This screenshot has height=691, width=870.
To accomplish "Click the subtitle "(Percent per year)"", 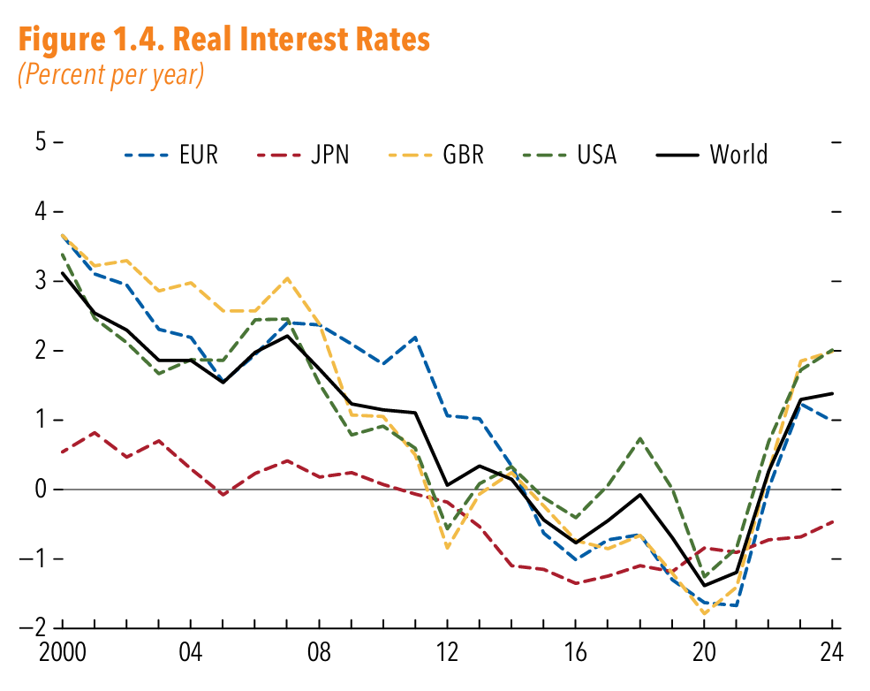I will (x=110, y=74).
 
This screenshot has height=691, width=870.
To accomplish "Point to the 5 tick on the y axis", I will (x=42, y=142).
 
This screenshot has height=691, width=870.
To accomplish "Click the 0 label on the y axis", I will (x=42, y=490).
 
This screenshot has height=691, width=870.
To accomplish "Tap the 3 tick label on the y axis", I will (x=42, y=281).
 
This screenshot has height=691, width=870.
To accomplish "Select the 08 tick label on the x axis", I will (x=320, y=656).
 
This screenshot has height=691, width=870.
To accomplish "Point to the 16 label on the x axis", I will (x=576, y=656).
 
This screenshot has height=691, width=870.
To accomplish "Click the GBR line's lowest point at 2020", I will (x=705, y=613).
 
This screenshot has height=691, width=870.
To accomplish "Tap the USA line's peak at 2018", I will (x=640, y=438).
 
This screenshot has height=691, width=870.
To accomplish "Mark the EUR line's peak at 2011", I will (x=415, y=338).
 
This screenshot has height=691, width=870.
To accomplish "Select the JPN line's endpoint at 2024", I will (x=833, y=521).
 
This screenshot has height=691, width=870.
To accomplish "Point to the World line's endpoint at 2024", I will (x=833, y=393).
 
